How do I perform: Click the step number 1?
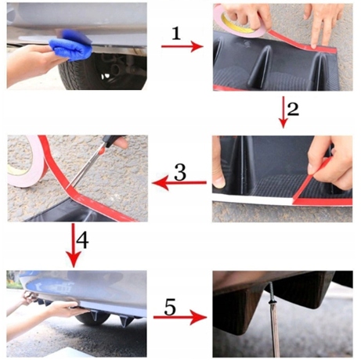click(x=176, y=34)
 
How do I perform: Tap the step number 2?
click(x=293, y=110)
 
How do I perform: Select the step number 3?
click(x=180, y=172)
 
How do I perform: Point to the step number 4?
click(x=82, y=240)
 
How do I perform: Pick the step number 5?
click(x=170, y=307)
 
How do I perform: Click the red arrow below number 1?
click(x=182, y=46)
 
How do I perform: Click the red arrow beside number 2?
click(x=283, y=113)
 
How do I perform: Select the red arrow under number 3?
click(x=179, y=183)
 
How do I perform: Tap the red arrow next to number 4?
click(x=74, y=245)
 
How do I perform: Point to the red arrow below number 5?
click(x=180, y=317)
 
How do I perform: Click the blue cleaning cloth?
click(x=71, y=45)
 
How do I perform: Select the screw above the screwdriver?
click(x=271, y=292)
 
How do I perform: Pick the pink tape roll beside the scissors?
click(x=26, y=162)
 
